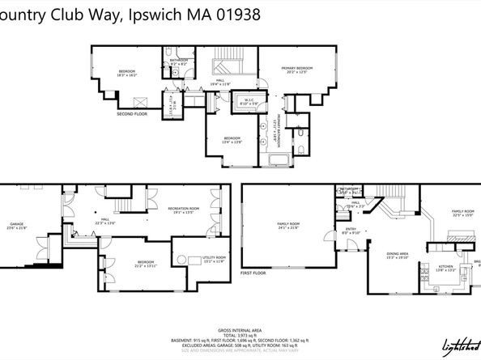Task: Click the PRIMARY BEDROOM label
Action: pos(296,70)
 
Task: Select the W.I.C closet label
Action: pos(249,101)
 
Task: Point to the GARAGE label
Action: pos(16,225)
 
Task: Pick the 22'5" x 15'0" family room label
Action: pos(462,213)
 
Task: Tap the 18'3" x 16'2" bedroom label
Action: pos(127,73)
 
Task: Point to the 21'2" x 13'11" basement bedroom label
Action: pos(146,264)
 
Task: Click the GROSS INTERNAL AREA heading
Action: pos(240,330)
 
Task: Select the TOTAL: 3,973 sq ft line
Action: pos(240,336)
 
